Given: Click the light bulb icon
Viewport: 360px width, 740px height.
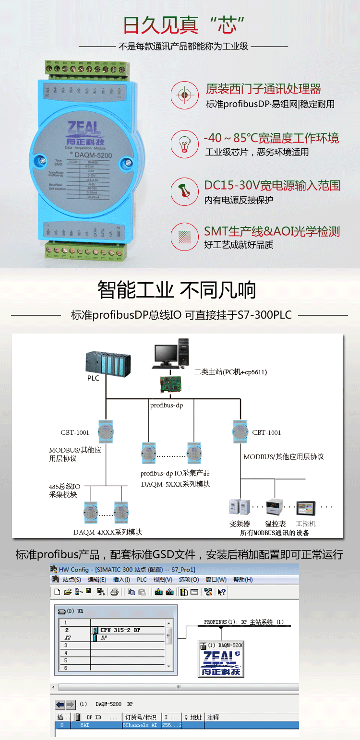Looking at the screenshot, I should coord(184,143).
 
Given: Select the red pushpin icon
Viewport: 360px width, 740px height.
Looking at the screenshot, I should coord(184,189).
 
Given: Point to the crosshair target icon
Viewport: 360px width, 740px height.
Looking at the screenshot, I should coord(184,94).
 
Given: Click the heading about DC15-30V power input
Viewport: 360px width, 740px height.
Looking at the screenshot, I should coord(272,186).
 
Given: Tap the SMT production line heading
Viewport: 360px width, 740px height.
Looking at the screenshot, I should coord(272,231).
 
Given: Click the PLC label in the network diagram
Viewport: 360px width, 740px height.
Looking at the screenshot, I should coord(93,378).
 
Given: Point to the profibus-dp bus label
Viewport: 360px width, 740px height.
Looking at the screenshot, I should coord(166,406).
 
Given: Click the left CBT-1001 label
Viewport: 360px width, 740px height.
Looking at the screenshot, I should coord(75,432).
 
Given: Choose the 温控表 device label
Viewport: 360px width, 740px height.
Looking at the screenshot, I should coord(276,524).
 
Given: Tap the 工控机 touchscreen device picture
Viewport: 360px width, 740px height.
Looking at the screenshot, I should coord(306,508).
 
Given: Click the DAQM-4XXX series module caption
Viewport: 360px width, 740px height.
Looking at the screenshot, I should coord(108,532).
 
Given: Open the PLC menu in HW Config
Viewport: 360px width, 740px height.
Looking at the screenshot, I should coord(142,580).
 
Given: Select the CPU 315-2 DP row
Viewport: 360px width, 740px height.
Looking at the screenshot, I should coord(120,630).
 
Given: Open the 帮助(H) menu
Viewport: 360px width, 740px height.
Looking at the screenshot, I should coord(243,580).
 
